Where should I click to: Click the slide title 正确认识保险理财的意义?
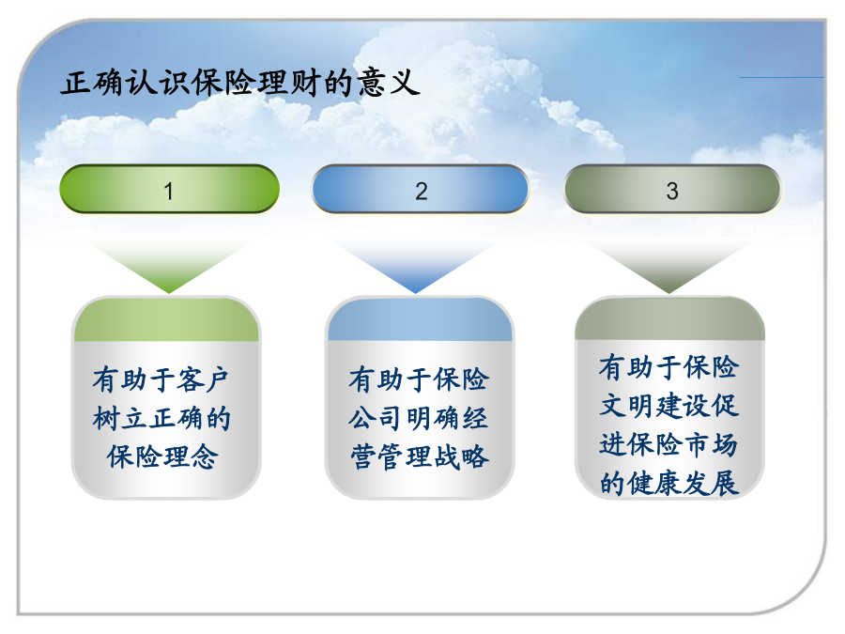pyautogui.click(x=239, y=83)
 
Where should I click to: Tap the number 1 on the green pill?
pyautogui.click(x=169, y=191)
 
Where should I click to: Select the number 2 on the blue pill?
pyautogui.click(x=422, y=191)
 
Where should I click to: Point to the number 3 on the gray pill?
pyautogui.click(x=672, y=191)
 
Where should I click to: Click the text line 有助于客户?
pyautogui.click(x=161, y=379)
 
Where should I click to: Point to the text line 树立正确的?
pyautogui.click(x=161, y=418)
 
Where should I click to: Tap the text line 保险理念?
pyautogui.click(x=162, y=457)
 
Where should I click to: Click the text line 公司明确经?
pyautogui.click(x=418, y=418)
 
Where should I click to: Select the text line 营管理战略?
pyautogui.click(x=420, y=457)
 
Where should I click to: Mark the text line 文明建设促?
pyautogui.click(x=668, y=406)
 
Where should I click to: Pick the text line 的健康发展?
pyautogui.click(x=668, y=483)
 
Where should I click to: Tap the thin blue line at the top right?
pyautogui.click(x=781, y=77)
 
